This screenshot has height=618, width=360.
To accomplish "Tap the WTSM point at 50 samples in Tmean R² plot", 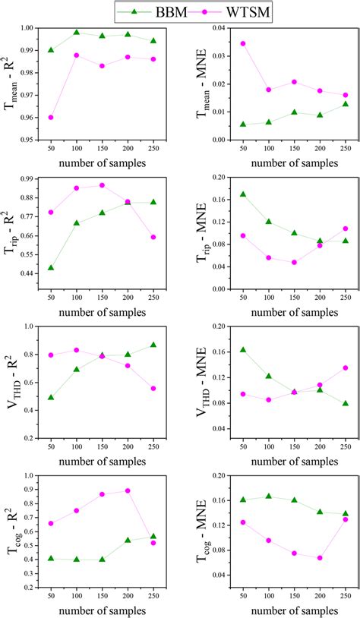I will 51,118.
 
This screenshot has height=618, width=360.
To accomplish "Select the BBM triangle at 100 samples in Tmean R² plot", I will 77,33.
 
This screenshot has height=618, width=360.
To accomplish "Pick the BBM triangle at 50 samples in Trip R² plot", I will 51,268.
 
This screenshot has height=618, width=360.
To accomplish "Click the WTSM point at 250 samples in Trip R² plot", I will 153,237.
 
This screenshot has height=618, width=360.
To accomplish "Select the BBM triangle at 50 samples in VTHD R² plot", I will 51,397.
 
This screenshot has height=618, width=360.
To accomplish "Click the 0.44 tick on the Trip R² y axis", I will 28,273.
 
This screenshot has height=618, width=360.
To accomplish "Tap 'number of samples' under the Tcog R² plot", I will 102,610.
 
